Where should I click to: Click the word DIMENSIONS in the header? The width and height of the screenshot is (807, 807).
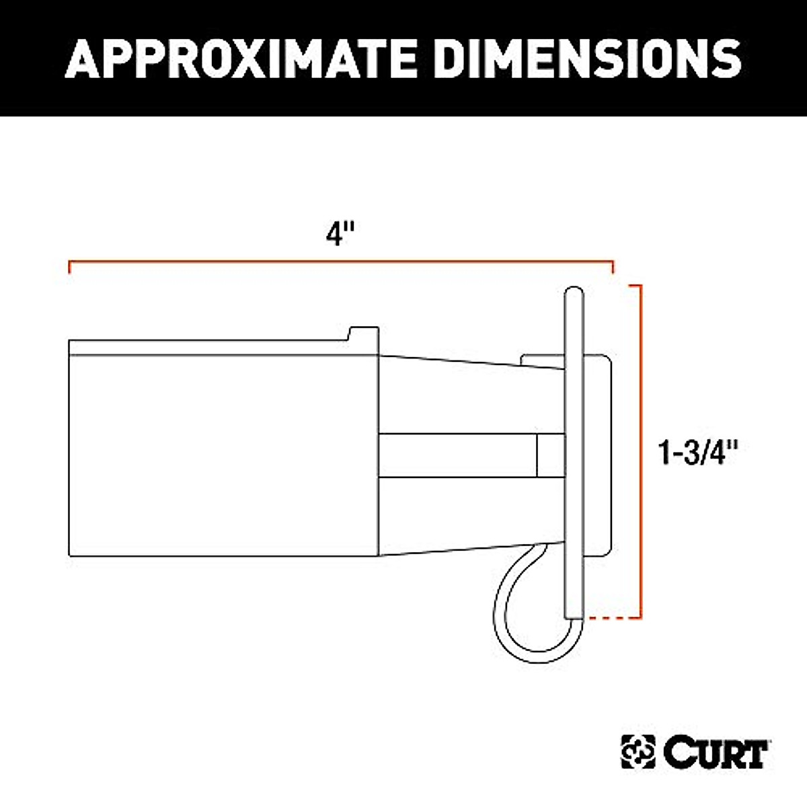588,59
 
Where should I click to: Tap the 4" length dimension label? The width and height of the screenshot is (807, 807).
340,235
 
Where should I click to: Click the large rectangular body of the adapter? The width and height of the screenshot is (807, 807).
222,457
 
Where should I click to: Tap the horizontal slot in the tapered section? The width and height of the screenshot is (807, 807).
457,455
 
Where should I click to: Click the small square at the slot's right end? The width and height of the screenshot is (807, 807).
550,455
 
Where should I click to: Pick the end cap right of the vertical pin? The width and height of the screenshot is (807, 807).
597,457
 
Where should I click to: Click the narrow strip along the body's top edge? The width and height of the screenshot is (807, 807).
208,348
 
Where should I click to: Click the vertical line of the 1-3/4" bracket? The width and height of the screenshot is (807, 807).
642,451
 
